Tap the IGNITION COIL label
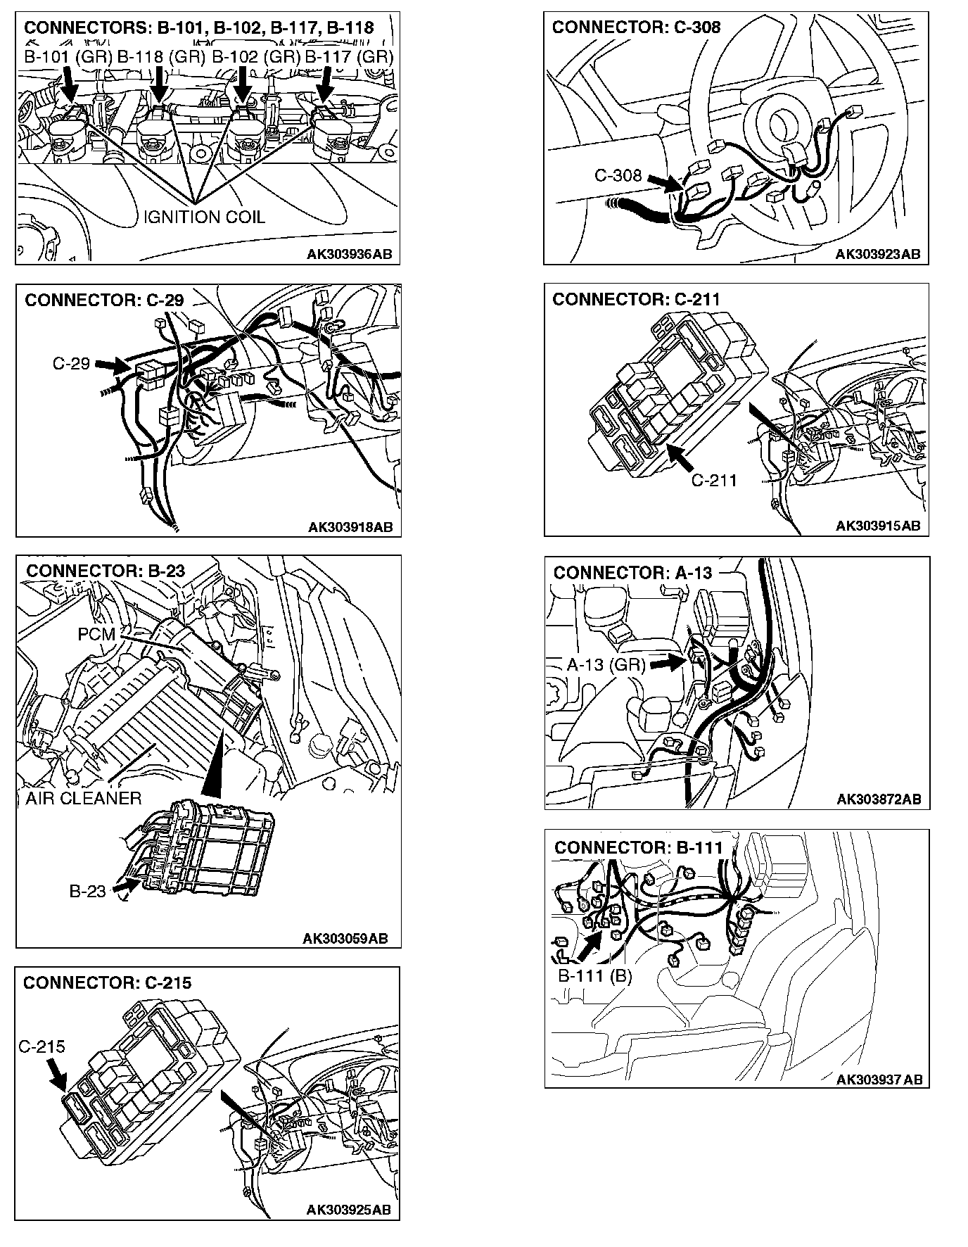204,217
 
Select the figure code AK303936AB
349,254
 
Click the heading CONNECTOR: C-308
636,27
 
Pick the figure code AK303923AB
877,254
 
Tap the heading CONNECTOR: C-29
104,300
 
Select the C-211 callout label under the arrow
713,480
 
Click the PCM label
96,634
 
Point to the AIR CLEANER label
83,798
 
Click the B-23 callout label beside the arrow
87,891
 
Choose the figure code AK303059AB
345,938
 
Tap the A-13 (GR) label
606,664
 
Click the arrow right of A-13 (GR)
668,662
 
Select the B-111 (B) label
595,976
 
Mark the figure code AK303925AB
348,1210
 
